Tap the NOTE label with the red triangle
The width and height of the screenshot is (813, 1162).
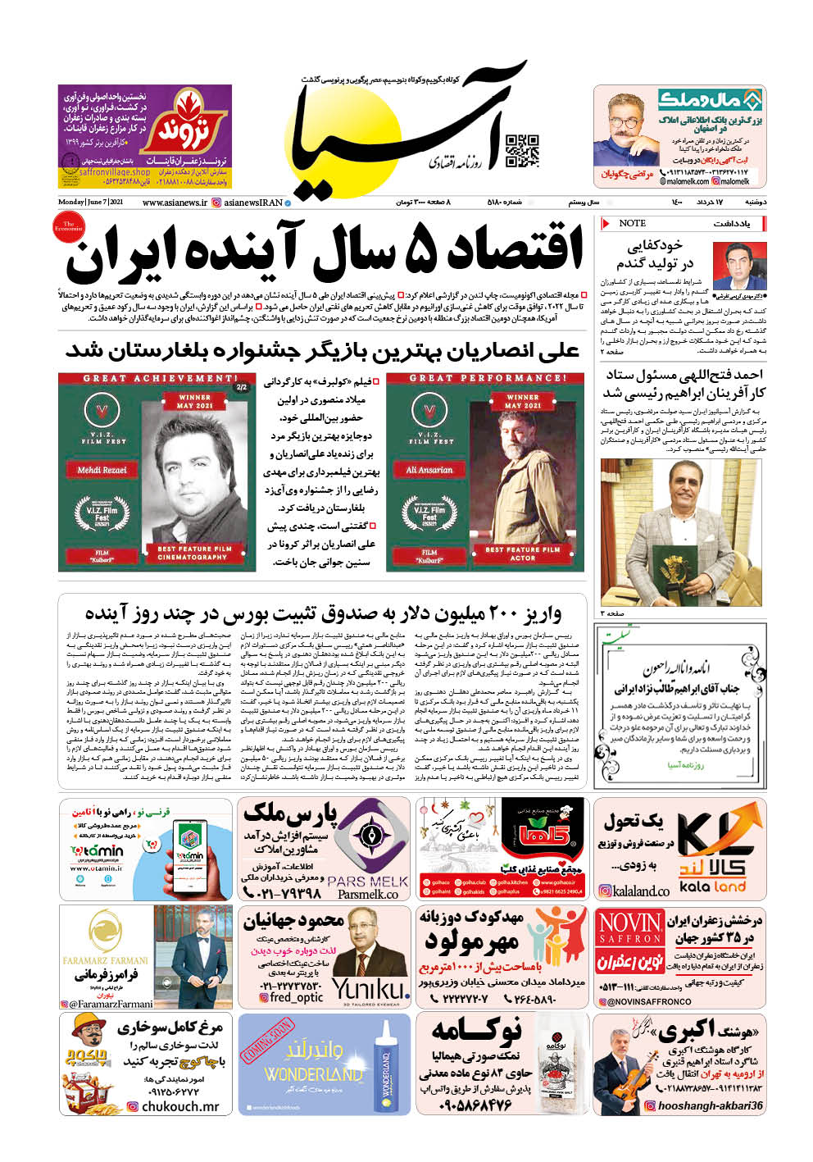click(x=632, y=223)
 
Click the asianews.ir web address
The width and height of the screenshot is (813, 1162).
click(x=175, y=203)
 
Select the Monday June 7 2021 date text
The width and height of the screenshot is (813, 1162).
click(x=91, y=203)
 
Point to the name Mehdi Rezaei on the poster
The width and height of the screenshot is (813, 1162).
click(x=102, y=470)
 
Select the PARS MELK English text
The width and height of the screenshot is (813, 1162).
click(x=367, y=882)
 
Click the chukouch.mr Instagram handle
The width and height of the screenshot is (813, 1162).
click(x=179, y=1106)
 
